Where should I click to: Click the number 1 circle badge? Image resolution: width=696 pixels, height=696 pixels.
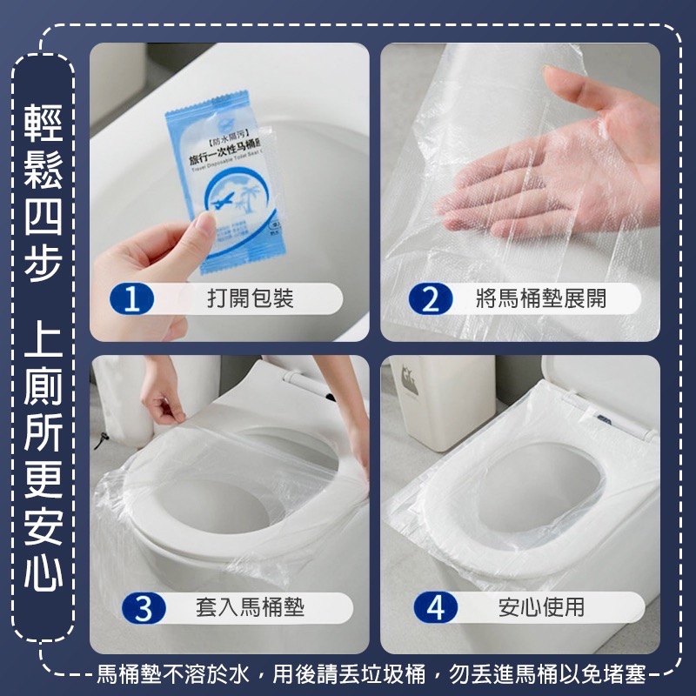coord(131,300)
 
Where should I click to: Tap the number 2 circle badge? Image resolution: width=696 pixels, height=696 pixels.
coord(431,300)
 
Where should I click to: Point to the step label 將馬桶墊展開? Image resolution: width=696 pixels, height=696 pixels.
coord(541,300)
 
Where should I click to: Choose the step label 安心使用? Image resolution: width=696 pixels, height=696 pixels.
coord(541,607)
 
